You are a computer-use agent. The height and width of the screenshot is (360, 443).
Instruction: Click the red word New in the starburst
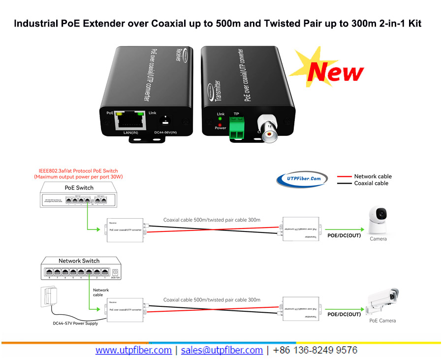(335, 71)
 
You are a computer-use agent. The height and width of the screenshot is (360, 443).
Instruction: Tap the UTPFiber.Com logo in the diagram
(302, 179)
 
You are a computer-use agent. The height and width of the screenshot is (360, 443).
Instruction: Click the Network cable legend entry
(373, 176)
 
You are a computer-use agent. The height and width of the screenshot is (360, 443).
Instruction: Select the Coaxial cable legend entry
(371, 183)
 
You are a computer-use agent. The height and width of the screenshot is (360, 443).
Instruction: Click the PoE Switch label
(79, 188)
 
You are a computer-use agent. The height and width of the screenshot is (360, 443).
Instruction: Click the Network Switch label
(79, 261)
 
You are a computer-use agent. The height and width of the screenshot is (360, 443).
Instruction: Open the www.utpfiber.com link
(133, 350)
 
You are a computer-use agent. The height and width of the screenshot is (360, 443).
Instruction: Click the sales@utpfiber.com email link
(221, 350)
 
